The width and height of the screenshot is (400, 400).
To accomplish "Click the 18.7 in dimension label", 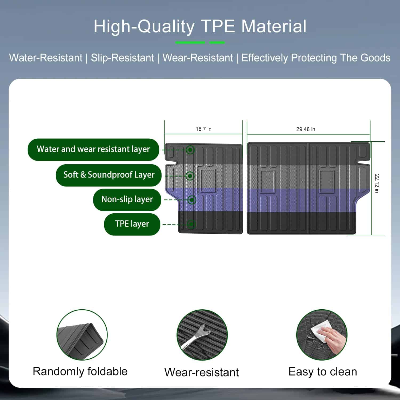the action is pyautogui.click(x=203, y=129).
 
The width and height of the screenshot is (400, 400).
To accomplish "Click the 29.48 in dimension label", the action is pyautogui.click(x=306, y=129).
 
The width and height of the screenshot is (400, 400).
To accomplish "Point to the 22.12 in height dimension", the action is pyautogui.click(x=377, y=183).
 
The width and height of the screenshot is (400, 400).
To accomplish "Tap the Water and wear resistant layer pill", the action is pyautogui.click(x=93, y=150).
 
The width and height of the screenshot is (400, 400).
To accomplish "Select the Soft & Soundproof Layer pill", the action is pyautogui.click(x=109, y=175).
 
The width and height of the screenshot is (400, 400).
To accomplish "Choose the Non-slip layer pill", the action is pyautogui.click(x=127, y=200).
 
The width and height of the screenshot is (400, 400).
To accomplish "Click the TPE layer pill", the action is pyautogui.click(x=132, y=224).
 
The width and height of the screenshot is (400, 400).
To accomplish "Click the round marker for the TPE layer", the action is pyautogui.click(x=191, y=225).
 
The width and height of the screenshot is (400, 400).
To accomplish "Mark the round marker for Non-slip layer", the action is pyautogui.click(x=191, y=200).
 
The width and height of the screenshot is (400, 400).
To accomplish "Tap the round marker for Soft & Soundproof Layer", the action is pyautogui.click(x=190, y=176).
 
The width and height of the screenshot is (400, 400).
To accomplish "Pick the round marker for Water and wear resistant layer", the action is pyautogui.click(x=190, y=150).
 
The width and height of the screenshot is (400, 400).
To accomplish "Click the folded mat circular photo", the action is pyautogui.click(x=82, y=335).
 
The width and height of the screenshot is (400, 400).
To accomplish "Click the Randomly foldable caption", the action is pyautogui.click(x=80, y=371).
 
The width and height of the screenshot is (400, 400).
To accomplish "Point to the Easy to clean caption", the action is pyautogui.click(x=323, y=372).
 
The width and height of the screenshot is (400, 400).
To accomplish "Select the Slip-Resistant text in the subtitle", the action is pyautogui.click(x=122, y=58).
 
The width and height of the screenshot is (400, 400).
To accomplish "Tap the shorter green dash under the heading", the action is pyautogui.click(x=217, y=42).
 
